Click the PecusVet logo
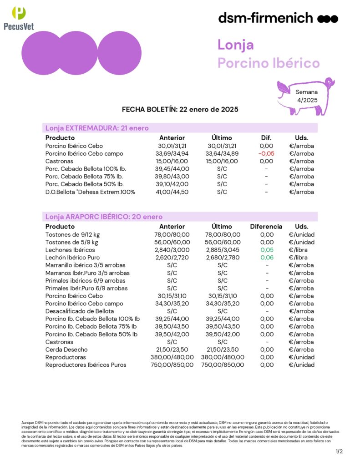[18, 18]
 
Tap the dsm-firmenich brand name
[265, 18]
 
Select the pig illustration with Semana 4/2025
[306, 96]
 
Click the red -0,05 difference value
[266, 154]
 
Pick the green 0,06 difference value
[266, 258]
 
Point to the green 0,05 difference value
[266, 250]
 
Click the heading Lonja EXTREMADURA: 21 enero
[97, 128]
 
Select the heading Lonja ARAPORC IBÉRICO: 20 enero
[104, 217]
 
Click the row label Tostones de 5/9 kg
[71, 242]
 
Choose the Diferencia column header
[266, 227]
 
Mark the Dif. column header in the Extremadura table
[266, 138]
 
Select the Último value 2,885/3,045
[223, 250]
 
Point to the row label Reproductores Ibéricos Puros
[86, 365]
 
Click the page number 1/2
[339, 451]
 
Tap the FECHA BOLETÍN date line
[180, 110]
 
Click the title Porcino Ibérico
[269, 63]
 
